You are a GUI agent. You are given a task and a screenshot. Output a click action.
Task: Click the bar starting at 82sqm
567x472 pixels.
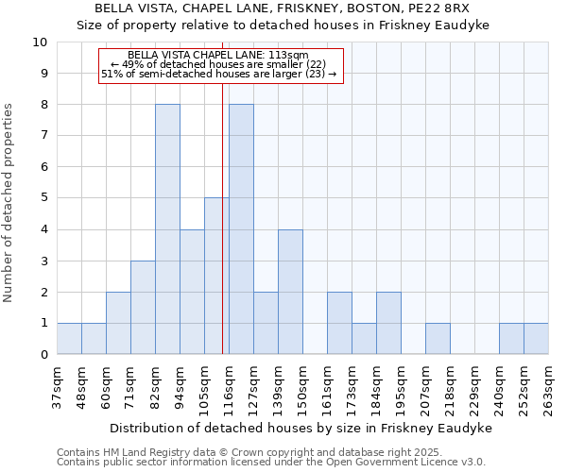point(167,229)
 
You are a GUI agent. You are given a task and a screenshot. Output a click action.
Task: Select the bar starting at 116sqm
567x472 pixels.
point(241,229)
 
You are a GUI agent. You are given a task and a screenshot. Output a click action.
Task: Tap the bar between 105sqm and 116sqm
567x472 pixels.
point(216,276)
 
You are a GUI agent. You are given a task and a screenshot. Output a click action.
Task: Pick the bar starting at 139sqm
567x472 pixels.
point(290,292)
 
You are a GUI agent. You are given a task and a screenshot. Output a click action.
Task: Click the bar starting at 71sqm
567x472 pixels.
point(143,307)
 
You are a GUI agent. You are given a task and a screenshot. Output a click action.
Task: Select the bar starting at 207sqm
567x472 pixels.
point(438,338)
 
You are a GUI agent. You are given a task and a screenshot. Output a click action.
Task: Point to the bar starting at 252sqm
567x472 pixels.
point(536,338)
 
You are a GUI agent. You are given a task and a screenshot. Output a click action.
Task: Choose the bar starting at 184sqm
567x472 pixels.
point(388,323)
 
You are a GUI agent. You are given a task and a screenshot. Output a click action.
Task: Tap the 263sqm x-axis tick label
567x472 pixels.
point(548,389)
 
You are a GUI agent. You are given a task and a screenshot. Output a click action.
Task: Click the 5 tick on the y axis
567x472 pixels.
point(43,198)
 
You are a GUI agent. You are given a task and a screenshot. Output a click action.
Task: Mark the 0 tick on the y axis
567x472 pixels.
point(43,355)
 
